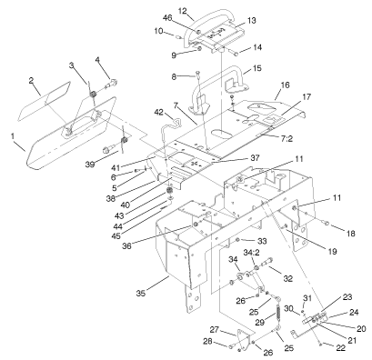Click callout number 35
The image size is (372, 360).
click(x=141, y=293)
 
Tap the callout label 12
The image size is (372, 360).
click(x=182, y=11)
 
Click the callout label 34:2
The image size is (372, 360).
click(x=252, y=252)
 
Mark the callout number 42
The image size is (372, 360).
click(x=159, y=112)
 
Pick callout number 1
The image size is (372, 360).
click(x=13, y=136)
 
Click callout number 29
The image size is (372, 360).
click(x=259, y=322)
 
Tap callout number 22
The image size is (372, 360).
click(x=341, y=348)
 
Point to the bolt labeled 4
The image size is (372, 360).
click(x=112, y=84)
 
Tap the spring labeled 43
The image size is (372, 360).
click(x=169, y=192)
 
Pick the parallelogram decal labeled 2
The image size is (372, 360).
click(x=45, y=101)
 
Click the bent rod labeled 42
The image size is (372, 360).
click(x=170, y=125)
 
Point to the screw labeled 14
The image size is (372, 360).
click(x=236, y=54)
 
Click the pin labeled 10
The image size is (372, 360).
click(x=178, y=37)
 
